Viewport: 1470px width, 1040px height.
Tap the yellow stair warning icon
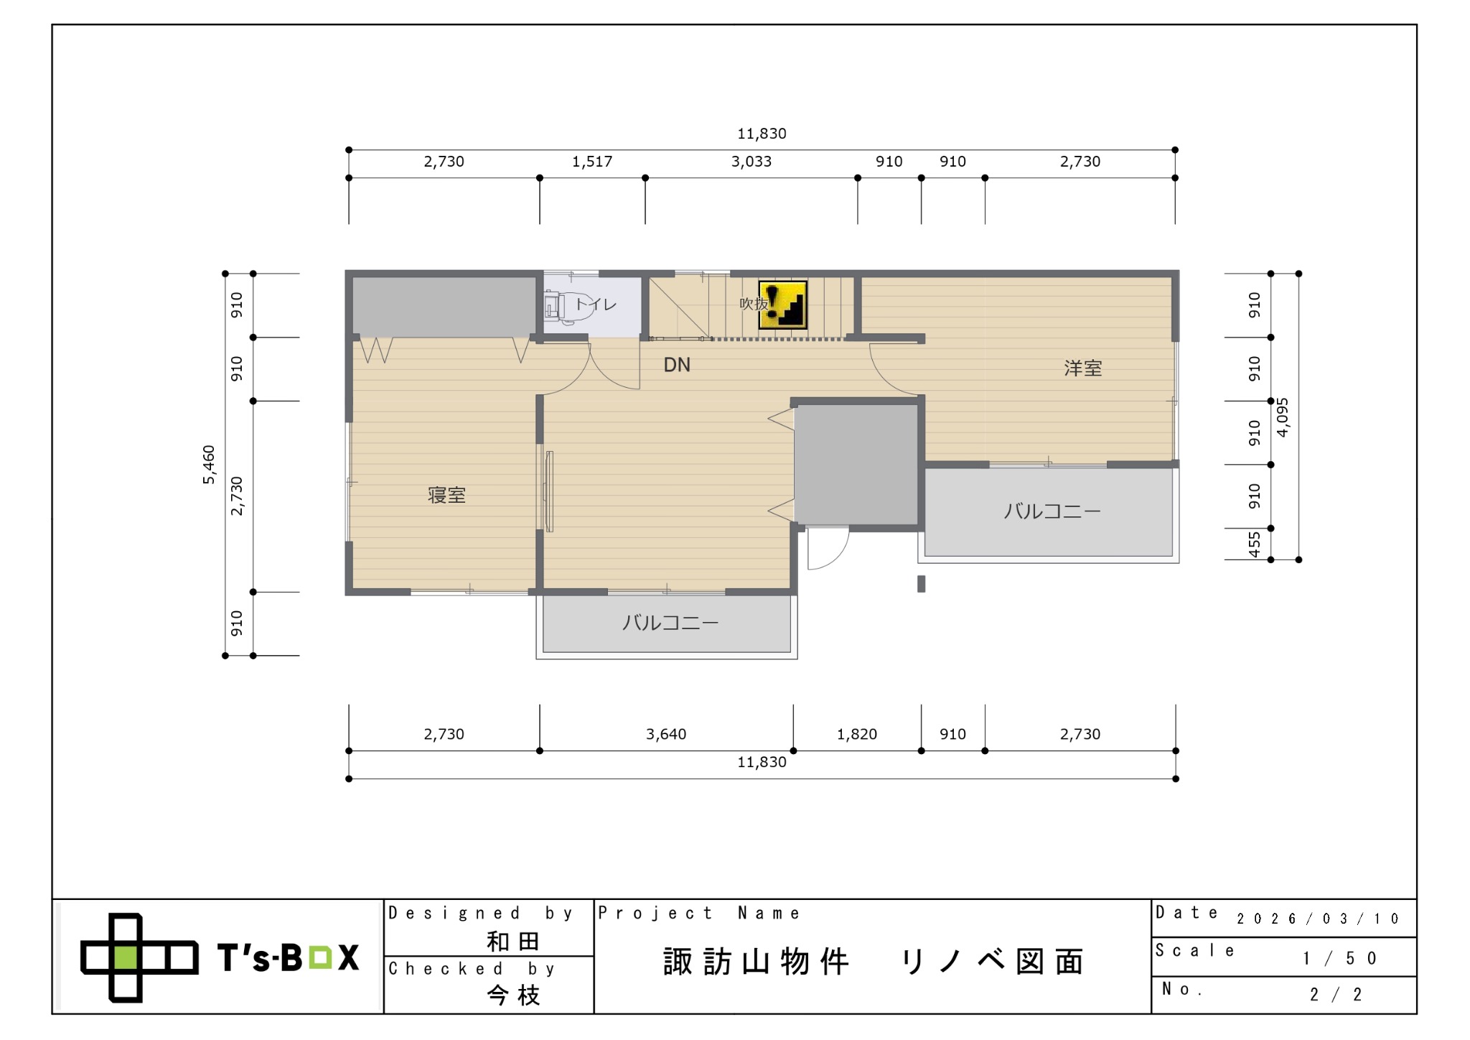[x=783, y=305]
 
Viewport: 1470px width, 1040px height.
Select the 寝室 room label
[x=446, y=495]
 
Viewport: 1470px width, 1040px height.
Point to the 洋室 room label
[x=1082, y=368]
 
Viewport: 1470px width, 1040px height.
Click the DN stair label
[x=677, y=365]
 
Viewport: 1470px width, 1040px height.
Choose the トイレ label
[x=596, y=305]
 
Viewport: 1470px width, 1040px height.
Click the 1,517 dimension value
[x=592, y=162]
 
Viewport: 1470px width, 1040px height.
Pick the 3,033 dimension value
[x=752, y=162]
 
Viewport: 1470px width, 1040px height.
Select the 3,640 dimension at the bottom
[x=666, y=734]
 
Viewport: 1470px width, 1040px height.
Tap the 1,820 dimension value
[x=857, y=734]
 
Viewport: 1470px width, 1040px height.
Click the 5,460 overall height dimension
[x=208, y=465]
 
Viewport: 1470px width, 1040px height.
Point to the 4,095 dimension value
[x=1283, y=417]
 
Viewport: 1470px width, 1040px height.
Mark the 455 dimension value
[x=1254, y=544]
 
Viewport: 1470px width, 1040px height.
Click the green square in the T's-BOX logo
[x=126, y=957]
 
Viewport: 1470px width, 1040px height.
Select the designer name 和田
[x=513, y=942]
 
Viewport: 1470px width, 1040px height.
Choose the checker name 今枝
[x=513, y=995]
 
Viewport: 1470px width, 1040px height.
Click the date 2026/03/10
[x=1318, y=919]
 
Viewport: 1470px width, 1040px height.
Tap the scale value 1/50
[x=1340, y=958]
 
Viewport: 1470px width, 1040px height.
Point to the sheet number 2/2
[x=1336, y=995]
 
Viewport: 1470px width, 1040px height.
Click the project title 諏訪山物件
[x=757, y=962]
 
